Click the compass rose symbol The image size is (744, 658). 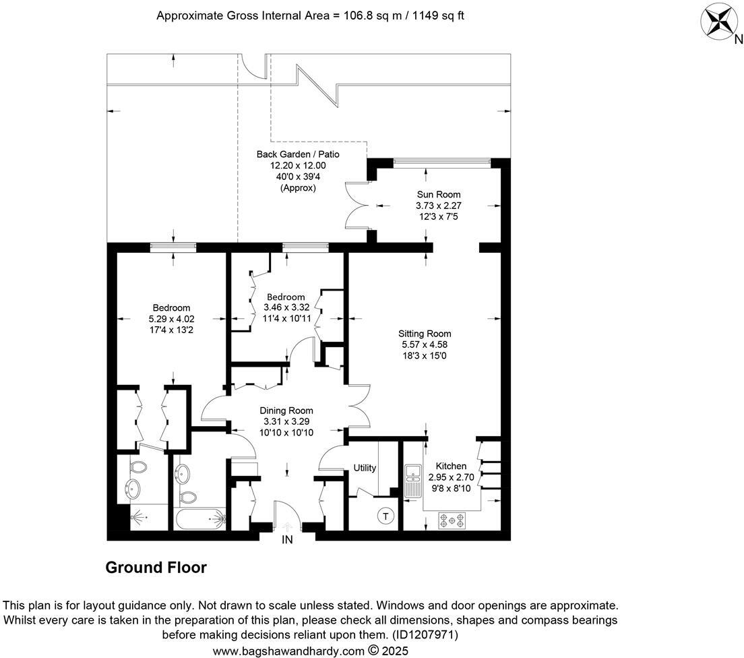(x=719, y=22)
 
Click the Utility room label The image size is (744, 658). (x=365, y=468)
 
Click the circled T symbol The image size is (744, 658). (x=385, y=516)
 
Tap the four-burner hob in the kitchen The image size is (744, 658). (x=452, y=520)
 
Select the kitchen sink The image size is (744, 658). (x=413, y=481)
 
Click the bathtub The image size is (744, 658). (x=201, y=519)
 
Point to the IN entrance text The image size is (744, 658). (x=287, y=540)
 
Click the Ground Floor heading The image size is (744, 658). (x=156, y=568)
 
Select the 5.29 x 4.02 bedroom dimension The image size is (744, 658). (x=171, y=319)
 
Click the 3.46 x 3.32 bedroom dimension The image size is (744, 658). (x=286, y=307)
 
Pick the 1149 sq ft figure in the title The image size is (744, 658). (x=438, y=16)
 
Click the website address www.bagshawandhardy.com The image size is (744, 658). (x=288, y=651)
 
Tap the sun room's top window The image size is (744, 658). (x=442, y=163)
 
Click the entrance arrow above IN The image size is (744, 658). (x=286, y=527)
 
